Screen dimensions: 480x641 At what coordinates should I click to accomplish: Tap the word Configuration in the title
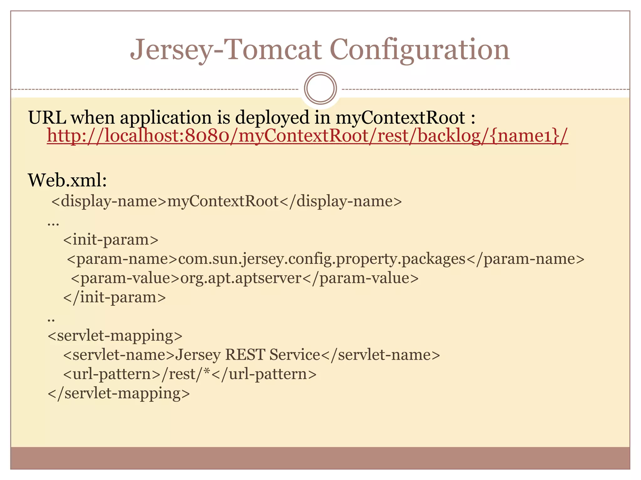pos(419,50)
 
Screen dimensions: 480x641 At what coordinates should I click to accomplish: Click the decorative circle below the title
pos(320,88)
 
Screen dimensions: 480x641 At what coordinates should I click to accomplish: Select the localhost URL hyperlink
pos(307,136)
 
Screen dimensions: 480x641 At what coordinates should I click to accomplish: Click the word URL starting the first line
pos(47,118)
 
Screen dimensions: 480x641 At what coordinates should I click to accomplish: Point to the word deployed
pos(272,118)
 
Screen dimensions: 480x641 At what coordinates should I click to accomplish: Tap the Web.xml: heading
pos(68,180)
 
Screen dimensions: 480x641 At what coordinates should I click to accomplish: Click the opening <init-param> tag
pos(111,240)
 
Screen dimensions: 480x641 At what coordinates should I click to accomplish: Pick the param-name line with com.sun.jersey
pos(326,259)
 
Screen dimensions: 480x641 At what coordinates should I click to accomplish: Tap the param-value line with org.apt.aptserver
pos(245,278)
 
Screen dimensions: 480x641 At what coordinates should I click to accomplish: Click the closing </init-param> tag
pos(115,297)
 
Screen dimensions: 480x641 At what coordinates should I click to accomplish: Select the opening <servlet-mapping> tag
pos(115,336)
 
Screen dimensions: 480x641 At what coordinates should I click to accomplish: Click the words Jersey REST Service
pos(248,355)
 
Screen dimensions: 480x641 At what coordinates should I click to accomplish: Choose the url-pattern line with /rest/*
pos(190,374)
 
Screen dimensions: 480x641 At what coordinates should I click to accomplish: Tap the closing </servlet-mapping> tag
pos(119,393)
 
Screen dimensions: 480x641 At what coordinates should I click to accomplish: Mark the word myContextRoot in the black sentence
pos(400,118)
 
